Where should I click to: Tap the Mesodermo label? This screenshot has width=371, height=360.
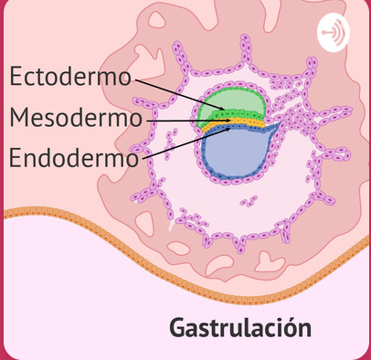[76, 118]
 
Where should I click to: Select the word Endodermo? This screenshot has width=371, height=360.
[73, 157]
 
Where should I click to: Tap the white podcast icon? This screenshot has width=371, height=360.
[334, 35]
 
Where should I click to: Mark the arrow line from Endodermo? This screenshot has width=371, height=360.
[178, 143]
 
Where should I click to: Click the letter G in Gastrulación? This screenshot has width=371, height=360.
[178, 328]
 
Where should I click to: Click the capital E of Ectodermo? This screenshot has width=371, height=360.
[16, 77]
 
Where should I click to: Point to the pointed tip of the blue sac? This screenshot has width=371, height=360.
[277, 131]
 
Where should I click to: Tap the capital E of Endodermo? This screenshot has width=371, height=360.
[16, 157]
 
